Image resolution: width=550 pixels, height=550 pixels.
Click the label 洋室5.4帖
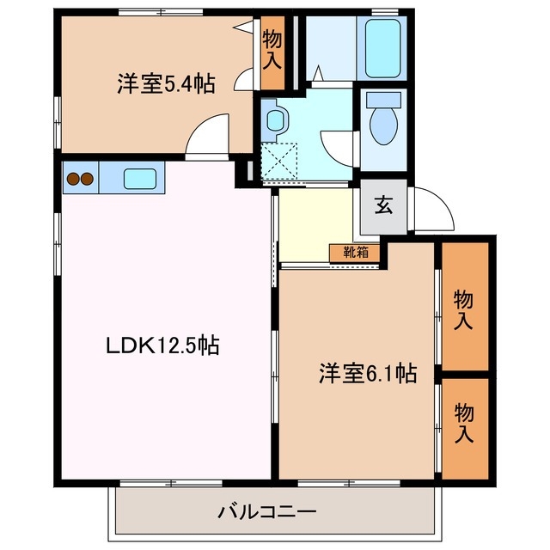166,84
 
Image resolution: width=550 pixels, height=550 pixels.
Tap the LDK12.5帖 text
162,346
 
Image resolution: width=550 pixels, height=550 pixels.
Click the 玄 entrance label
382,205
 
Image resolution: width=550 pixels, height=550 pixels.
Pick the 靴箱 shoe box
355,253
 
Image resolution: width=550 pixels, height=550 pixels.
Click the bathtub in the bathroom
382,47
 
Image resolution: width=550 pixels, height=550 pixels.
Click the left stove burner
72,179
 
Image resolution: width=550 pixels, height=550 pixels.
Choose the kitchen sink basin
140,179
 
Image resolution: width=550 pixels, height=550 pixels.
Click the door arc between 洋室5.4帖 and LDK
208,137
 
